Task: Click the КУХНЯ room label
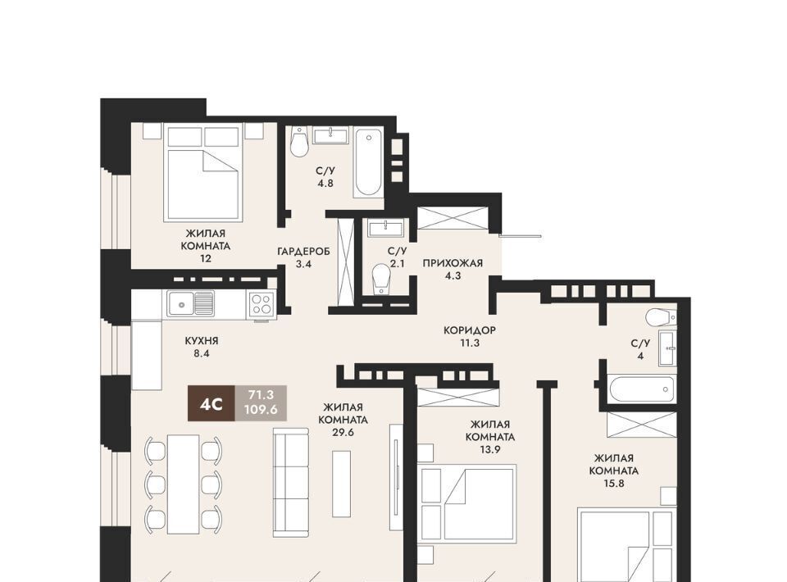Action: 202,341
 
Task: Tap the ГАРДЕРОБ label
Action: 303,252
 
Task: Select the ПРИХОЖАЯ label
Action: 453,263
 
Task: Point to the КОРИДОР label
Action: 469,330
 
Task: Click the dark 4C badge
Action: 212,403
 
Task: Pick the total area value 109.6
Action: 261,410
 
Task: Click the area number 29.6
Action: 343,432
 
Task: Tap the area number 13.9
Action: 490,449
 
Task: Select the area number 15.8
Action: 614,484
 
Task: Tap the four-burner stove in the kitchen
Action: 262,304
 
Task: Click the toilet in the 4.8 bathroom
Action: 300,142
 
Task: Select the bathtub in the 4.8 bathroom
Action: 368,162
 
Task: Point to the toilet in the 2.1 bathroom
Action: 381,279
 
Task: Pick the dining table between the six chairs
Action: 183,484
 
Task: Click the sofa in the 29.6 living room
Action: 291,483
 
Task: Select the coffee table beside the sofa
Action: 341,484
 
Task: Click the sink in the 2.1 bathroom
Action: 385,228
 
